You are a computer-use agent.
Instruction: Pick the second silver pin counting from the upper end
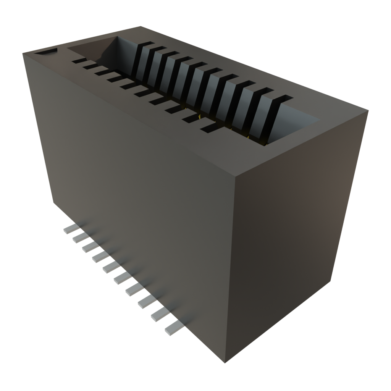[x=79, y=238]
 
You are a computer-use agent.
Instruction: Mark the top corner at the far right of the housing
[x=369, y=111]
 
